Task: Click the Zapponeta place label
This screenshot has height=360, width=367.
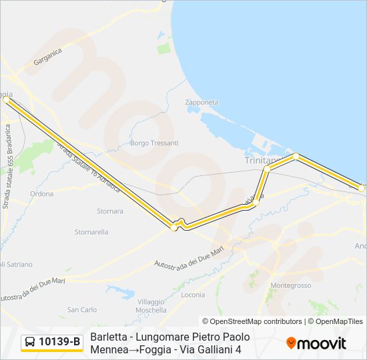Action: (x=201, y=103)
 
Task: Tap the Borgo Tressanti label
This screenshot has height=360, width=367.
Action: (x=154, y=143)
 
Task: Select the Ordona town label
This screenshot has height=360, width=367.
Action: (x=41, y=194)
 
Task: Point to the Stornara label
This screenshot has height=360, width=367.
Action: (x=110, y=211)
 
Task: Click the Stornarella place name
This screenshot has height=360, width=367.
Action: (x=91, y=232)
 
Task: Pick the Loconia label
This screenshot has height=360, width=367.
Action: (x=193, y=295)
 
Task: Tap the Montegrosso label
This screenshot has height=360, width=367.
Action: (x=291, y=285)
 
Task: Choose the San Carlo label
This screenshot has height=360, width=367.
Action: (x=82, y=309)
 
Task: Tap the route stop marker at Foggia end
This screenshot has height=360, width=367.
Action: (x=7, y=99)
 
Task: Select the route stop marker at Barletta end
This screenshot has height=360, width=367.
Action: (x=361, y=188)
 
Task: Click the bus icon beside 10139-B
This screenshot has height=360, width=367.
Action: (x=30, y=343)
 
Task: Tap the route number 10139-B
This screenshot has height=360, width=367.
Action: (x=59, y=343)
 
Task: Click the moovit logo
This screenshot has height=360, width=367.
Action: (x=316, y=343)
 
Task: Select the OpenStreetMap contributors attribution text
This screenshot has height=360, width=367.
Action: (x=252, y=321)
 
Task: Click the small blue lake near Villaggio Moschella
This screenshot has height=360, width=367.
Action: (x=121, y=291)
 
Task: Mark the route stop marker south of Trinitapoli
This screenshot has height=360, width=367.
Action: (x=256, y=201)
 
